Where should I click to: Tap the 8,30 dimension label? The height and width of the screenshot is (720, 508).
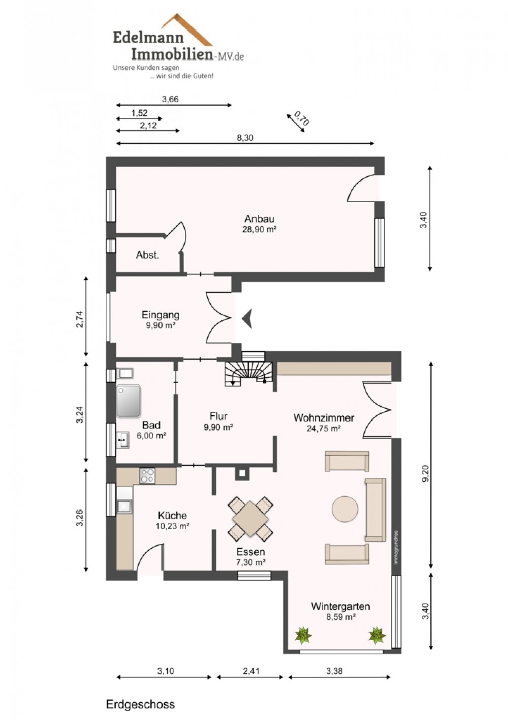click(x=245, y=138)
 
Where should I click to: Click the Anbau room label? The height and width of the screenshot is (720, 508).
click(x=260, y=219)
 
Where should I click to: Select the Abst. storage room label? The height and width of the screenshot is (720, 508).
click(x=147, y=255)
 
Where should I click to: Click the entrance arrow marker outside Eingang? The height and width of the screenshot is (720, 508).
click(x=247, y=318)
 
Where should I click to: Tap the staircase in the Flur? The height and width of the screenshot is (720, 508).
click(x=248, y=373)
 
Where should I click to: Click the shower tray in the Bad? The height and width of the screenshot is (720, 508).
click(x=129, y=401)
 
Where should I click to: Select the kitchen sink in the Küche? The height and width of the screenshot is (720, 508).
click(x=124, y=506)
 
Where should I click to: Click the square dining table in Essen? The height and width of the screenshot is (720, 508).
click(x=250, y=518)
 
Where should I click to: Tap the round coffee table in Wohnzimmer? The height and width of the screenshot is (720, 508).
click(x=344, y=509)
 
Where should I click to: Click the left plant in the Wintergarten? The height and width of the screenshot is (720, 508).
click(x=303, y=635)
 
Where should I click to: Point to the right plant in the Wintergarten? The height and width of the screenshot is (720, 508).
click(x=377, y=635)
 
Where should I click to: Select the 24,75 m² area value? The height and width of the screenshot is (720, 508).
click(x=324, y=428)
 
